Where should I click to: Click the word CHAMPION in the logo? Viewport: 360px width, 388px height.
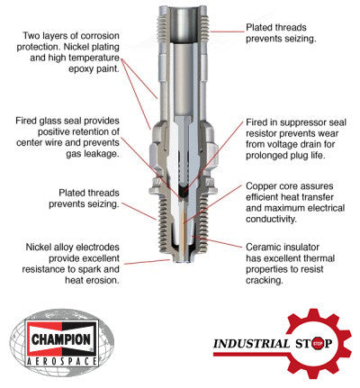[x=62, y=339]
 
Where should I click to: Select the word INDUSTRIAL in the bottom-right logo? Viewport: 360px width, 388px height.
[x=244, y=343]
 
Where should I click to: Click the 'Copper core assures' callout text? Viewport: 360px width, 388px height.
[x=296, y=203]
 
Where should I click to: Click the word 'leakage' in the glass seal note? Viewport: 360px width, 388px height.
[x=66, y=155]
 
